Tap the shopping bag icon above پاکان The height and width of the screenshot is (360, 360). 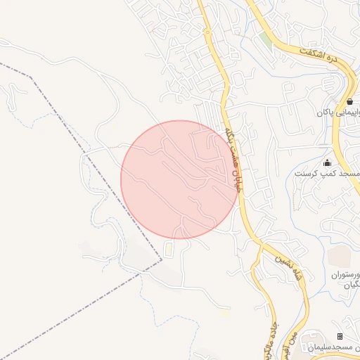point(349,101)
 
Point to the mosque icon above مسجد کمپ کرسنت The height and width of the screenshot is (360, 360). point(326,163)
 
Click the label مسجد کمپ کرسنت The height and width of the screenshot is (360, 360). point(335,173)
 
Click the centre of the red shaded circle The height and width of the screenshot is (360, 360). point(180,179)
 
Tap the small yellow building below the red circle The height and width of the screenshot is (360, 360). point(168,249)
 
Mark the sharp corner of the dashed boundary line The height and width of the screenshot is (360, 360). point(161,259)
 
